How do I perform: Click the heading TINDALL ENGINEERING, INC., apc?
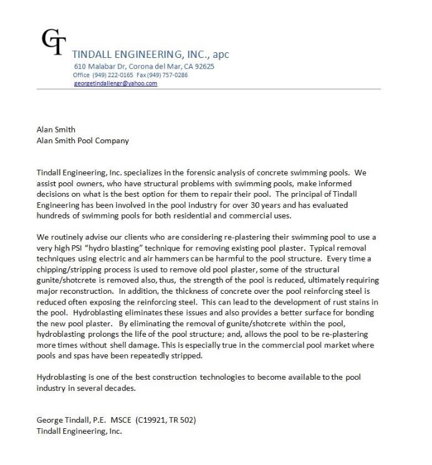click(150, 54)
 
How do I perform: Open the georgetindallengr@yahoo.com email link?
click(115, 83)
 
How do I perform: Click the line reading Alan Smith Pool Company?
click(83, 141)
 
